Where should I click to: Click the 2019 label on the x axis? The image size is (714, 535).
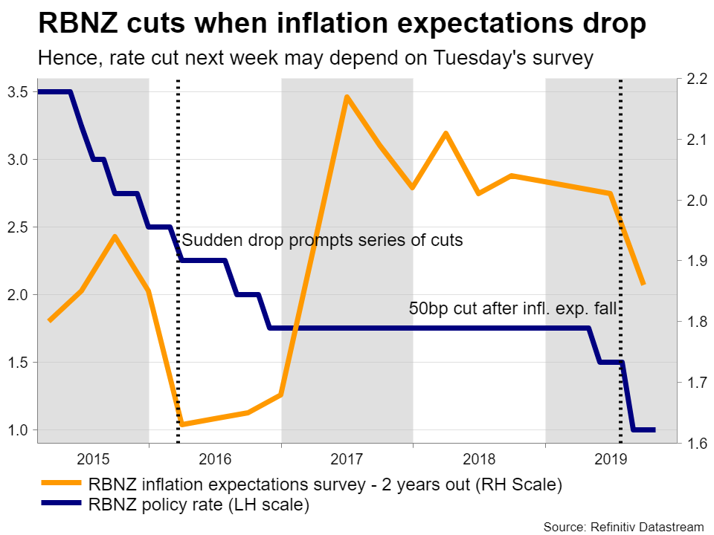(611, 458)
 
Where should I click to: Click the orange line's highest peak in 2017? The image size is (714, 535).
(347, 97)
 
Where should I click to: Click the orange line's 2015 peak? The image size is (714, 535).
(115, 236)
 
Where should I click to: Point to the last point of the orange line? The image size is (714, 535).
(643, 284)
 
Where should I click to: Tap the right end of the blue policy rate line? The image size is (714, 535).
(654, 429)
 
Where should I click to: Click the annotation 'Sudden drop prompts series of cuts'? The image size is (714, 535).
(322, 241)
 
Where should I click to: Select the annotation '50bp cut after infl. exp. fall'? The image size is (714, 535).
(513, 308)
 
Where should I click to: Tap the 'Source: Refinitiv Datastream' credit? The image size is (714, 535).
(623, 527)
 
